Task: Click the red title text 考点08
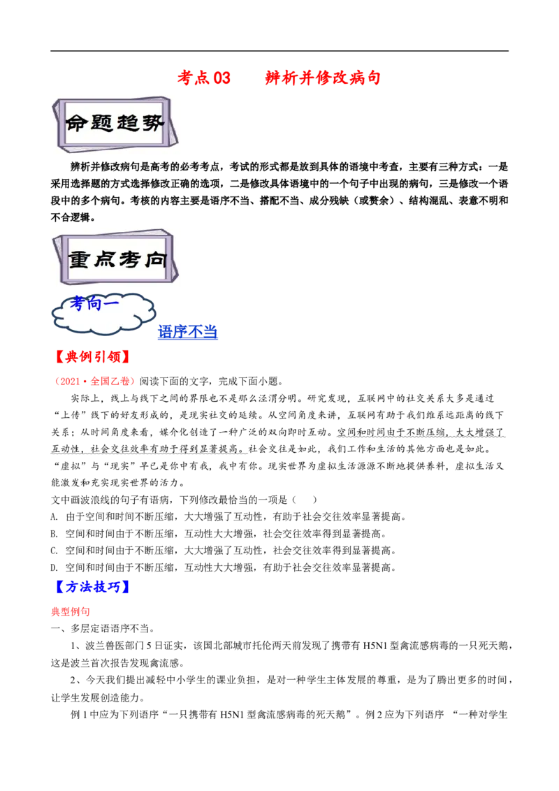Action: [203, 78]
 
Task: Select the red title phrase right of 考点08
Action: [323, 78]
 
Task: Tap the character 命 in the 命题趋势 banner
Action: [78, 124]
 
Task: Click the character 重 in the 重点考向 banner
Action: [80, 260]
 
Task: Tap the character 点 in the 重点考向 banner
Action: [105, 260]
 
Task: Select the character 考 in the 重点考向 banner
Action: [129, 260]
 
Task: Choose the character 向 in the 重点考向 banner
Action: [154, 260]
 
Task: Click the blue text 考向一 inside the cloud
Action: [94, 305]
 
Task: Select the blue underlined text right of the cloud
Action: [187, 333]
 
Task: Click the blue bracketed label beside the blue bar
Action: [91, 587]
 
